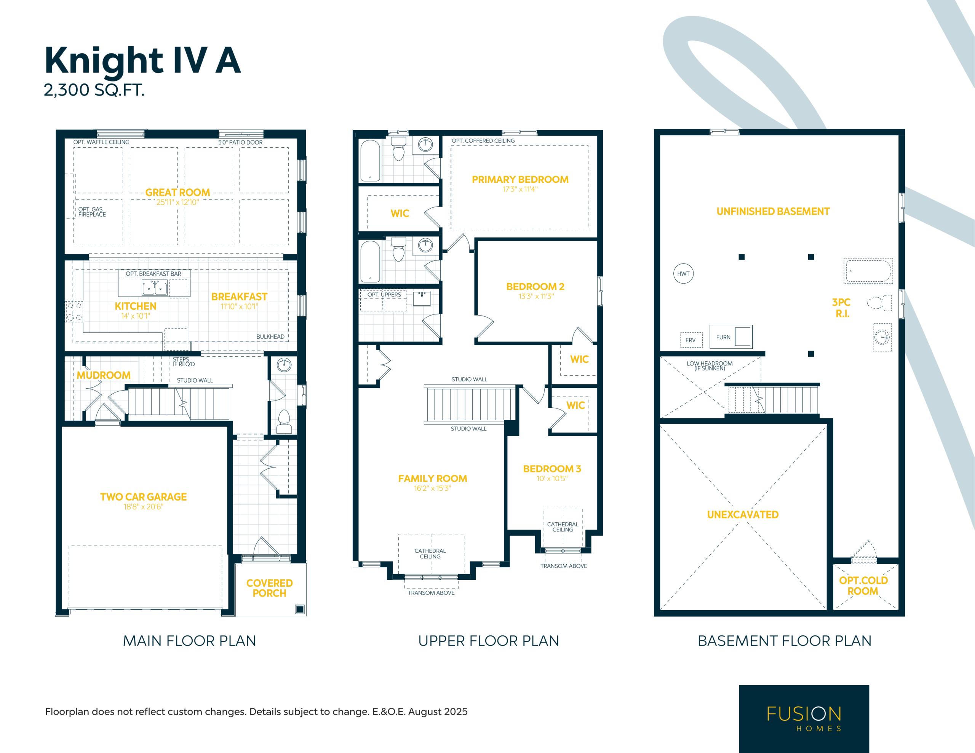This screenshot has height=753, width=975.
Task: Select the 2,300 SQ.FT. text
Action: (x=94, y=90)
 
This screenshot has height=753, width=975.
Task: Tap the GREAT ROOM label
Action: (x=178, y=192)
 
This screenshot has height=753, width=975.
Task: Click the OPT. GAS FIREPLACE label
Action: (x=92, y=212)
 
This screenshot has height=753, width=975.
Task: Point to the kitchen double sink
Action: (x=155, y=288)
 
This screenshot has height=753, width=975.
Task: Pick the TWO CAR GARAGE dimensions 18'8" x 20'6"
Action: (x=143, y=507)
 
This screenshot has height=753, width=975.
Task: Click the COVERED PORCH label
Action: (x=269, y=588)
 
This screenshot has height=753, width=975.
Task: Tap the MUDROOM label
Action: (x=104, y=375)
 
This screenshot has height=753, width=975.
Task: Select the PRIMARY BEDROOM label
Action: (x=520, y=179)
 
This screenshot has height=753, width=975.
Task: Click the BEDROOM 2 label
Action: (x=535, y=287)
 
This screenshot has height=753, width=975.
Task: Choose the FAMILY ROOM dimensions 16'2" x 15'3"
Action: (x=433, y=488)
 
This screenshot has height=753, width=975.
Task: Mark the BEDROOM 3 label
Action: (x=552, y=469)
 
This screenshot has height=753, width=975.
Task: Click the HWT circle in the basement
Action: (x=684, y=274)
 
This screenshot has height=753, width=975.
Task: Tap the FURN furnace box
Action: (x=731, y=337)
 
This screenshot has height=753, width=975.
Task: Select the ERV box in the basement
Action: (x=691, y=340)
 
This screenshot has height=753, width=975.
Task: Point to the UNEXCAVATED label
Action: (x=743, y=515)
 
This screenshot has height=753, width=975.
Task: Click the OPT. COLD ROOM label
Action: (x=863, y=585)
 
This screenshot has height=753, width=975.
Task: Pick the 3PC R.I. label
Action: (x=842, y=308)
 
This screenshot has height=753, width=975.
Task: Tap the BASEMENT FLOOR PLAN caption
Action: (x=784, y=641)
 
